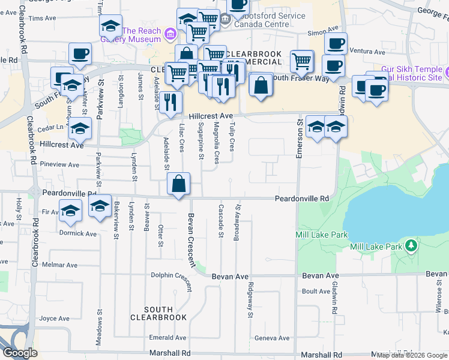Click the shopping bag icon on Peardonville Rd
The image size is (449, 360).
[x=179, y=184]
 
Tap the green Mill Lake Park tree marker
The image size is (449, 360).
[x=411, y=246]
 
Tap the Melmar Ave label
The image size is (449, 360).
[x=59, y=265]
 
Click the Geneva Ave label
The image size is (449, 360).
[x=272, y=338]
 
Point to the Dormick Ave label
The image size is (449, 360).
[x=78, y=233]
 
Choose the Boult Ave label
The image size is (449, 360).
[x=316, y=292]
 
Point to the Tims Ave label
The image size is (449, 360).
[x=42, y=19]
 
